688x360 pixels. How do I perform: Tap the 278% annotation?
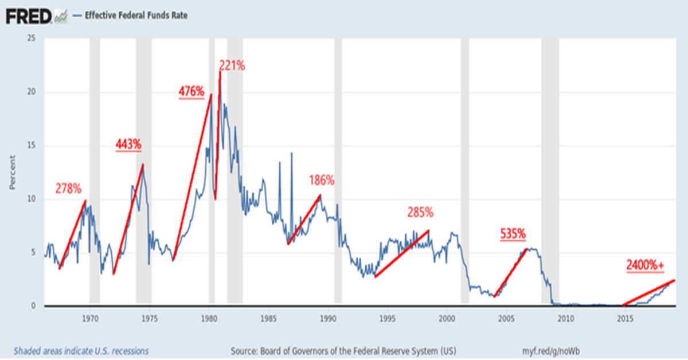69,188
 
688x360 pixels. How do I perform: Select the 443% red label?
128,144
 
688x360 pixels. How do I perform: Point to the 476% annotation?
191,92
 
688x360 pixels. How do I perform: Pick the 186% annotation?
322,181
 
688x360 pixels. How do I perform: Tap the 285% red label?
420,213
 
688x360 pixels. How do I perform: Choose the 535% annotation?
513,234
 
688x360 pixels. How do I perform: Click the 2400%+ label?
646,265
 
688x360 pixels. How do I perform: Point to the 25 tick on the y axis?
32,38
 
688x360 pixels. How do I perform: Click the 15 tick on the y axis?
32,146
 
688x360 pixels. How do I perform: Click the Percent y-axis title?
13,173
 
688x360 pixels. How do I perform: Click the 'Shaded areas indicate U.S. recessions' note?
81,350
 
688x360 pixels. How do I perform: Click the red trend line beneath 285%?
401,255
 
